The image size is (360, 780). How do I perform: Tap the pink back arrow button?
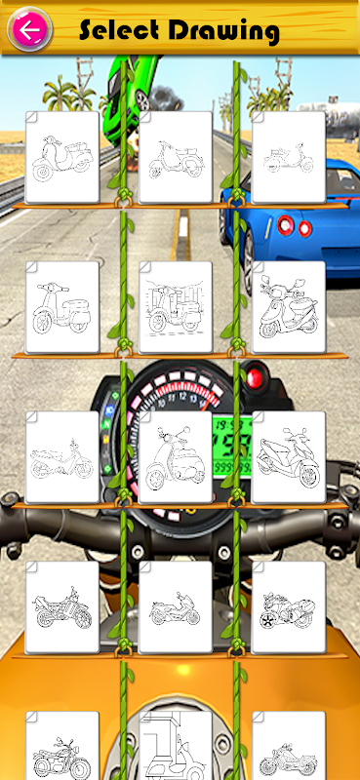click(x=29, y=29)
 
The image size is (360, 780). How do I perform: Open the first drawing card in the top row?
click(x=62, y=158)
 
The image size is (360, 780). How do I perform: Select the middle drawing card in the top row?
click(x=176, y=158)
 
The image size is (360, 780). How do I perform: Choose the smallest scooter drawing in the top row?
click(x=289, y=158)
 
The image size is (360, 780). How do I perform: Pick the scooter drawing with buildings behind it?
click(x=176, y=307)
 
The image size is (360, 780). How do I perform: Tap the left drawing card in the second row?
click(x=62, y=307)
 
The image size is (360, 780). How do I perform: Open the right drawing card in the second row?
click(x=289, y=307)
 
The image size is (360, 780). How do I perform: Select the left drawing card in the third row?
click(x=62, y=457)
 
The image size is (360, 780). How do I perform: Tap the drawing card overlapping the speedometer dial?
click(x=176, y=457)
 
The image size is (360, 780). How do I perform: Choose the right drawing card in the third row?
click(x=289, y=457)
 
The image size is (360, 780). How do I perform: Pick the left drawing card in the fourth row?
click(x=62, y=607)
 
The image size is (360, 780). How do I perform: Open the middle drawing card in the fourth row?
click(x=176, y=607)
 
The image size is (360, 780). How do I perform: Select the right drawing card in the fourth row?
click(x=289, y=607)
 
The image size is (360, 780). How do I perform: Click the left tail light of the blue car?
click(x=285, y=225)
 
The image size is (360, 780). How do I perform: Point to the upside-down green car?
click(x=131, y=95)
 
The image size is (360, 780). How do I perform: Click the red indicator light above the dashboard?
click(x=255, y=377)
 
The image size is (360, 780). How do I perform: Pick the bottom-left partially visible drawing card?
click(x=62, y=746)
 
